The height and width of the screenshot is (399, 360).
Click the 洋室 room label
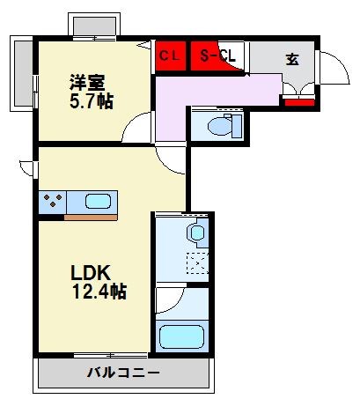pos(87,83)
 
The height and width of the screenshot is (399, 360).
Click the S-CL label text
pos(217,57)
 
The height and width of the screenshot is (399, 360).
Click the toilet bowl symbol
pos(217,125)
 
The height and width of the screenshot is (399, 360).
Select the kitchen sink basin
pos(97,200)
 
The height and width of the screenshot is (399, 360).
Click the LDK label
pos(90,272)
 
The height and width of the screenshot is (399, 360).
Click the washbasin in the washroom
pos(195,234)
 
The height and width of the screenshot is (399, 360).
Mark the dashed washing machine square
pos(197,263)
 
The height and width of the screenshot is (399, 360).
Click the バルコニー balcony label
pos(123,373)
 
